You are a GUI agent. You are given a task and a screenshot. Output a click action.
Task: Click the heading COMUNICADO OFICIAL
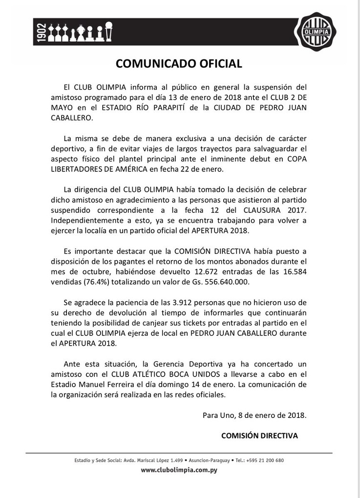[x=178, y=63]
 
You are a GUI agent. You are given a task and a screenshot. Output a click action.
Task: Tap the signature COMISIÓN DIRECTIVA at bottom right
[x=259, y=436]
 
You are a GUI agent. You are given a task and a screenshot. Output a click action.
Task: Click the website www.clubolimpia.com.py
[x=179, y=470]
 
